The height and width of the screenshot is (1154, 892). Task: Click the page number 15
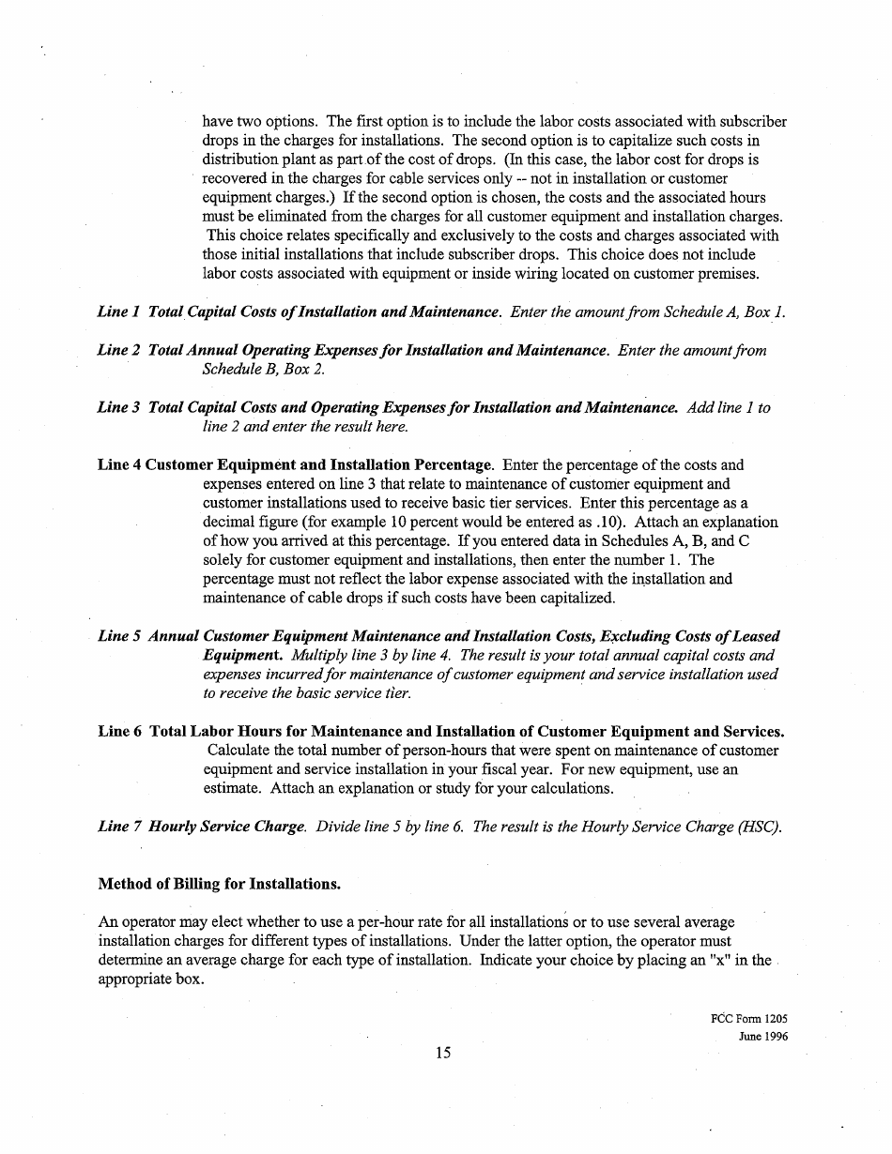444,1053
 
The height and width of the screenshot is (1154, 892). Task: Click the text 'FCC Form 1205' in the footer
749,1019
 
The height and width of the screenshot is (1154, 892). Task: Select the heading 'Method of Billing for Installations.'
219,885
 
